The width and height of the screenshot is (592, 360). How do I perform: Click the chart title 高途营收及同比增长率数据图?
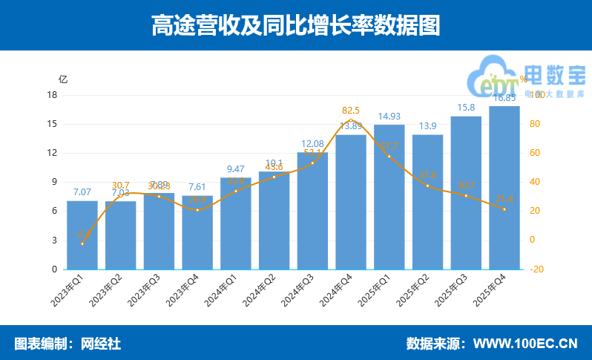pyautogui.click(x=295, y=25)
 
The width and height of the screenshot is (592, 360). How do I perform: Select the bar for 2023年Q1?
pyautogui.click(x=82, y=235)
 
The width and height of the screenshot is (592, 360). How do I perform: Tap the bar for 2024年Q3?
pyautogui.click(x=312, y=211)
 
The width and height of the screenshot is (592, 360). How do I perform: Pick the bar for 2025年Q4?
pyautogui.click(x=504, y=188)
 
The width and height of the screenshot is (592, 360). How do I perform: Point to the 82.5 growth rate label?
pyautogui.click(x=351, y=111)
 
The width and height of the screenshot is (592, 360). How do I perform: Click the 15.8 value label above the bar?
pyautogui.click(x=466, y=108)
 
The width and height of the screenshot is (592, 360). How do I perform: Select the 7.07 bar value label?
pyautogui.click(x=82, y=192)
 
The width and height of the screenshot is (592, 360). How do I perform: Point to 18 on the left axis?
pyautogui.click(x=52, y=95)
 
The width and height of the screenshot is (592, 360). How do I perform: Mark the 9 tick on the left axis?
pyautogui.click(x=54, y=182)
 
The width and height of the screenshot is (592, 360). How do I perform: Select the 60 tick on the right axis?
pyautogui.click(x=536, y=153)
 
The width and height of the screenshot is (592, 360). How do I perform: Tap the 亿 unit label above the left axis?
pyautogui.click(x=63, y=79)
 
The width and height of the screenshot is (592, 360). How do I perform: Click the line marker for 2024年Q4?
pyautogui.click(x=351, y=120)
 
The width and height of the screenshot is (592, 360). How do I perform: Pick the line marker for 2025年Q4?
pyautogui.click(x=504, y=209)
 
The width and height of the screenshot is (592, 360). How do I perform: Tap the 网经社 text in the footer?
pyautogui.click(x=100, y=344)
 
